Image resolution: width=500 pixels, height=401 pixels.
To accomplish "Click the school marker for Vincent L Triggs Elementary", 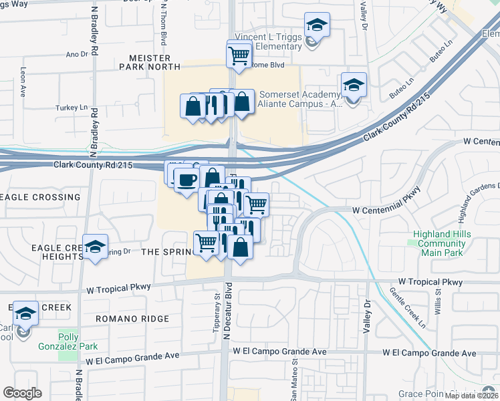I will point(317,26).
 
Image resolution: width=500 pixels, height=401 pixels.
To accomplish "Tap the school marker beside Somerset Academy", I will point(354,86).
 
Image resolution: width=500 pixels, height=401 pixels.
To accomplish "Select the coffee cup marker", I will point(186,180).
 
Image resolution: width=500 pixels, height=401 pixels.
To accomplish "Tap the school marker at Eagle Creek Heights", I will point(96,247).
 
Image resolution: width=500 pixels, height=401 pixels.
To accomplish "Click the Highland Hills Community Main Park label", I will point(441,243).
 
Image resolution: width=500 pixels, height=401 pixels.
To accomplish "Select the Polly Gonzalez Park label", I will point(78,341).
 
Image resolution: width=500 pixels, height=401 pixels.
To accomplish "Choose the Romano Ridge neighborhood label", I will point(132,319).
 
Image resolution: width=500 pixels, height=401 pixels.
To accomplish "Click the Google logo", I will point(23,393).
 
